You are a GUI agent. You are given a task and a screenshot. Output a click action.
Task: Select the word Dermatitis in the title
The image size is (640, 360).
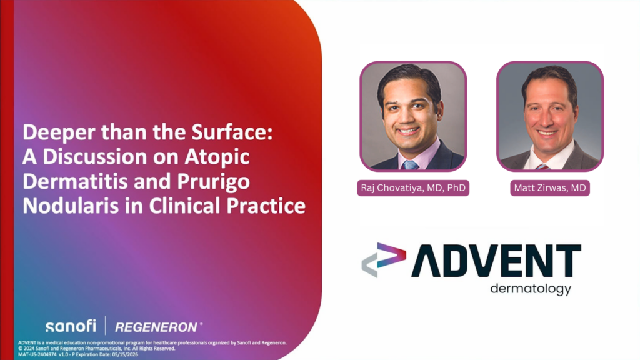pos(75,181)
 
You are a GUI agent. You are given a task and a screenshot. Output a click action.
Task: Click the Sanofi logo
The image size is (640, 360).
pos(71,326)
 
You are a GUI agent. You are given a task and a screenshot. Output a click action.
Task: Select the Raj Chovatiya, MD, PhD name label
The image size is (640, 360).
pos(413,187)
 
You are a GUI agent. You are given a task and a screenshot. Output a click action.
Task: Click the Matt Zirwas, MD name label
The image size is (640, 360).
pos(550,187)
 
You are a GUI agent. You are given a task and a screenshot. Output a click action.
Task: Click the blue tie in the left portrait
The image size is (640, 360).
pos(409,164)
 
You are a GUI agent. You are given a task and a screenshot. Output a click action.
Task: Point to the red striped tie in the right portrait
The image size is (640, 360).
pos(542,166)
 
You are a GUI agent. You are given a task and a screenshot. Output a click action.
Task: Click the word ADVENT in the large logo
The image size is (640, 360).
pos(496,261)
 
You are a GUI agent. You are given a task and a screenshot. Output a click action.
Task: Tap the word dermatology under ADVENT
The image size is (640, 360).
pos(531,289)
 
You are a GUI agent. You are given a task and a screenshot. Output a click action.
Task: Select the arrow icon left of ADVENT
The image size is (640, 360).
pos(384,260)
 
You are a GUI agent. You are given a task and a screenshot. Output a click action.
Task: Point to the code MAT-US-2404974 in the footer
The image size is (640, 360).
pos(37,355)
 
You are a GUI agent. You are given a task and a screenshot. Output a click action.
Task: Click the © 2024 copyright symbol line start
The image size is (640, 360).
pos(21,349)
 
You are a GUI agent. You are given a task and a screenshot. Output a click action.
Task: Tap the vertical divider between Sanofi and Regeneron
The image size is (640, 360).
pos(106,325)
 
